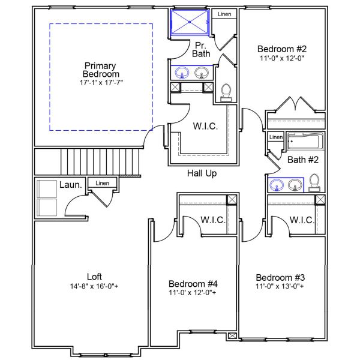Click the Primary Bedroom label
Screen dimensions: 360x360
[x=100, y=70]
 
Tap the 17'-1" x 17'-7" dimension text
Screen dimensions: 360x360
[x=101, y=82]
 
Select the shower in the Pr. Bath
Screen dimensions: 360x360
[x=191, y=22]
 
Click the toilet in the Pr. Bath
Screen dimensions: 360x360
[x=226, y=91]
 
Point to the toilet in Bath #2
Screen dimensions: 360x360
[x=314, y=182]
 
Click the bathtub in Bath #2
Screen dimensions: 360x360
[x=305, y=142]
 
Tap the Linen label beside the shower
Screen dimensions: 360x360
[x=224, y=14]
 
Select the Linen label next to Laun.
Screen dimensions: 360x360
[x=103, y=183]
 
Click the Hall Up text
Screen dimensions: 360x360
[x=202, y=173]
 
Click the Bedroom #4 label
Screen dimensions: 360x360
[x=193, y=283]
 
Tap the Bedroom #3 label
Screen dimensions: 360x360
[x=280, y=277]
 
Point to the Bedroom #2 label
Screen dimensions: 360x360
[x=282, y=49]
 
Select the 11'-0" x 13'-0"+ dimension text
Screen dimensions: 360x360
[x=280, y=287]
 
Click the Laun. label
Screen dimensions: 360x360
[x=70, y=185]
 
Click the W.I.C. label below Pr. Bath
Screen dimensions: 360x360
[x=205, y=127]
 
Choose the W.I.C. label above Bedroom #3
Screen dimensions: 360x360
[x=302, y=220]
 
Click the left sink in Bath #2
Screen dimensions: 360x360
[x=277, y=184]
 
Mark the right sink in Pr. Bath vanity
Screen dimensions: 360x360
[x=202, y=73]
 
